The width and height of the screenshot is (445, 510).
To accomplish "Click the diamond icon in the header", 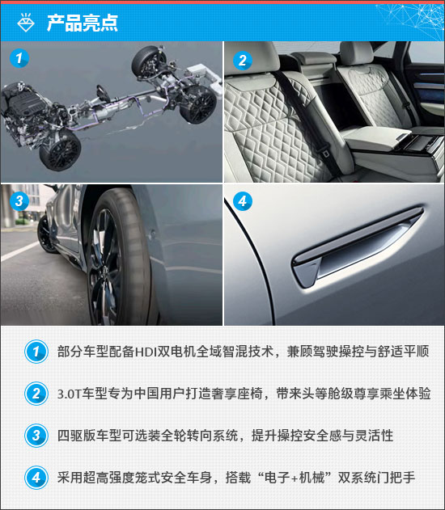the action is [26, 23].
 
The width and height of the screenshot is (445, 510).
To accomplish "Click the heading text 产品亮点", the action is [82, 23].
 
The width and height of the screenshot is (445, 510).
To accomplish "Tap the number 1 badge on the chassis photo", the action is [19, 58].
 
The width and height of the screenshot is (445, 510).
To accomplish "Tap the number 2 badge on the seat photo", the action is [243, 61].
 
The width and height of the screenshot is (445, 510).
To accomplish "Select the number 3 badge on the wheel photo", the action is [19, 200].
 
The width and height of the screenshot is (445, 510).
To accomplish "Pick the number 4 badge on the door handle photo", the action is [243, 201].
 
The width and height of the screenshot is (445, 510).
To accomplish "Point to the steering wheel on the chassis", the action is [103, 93].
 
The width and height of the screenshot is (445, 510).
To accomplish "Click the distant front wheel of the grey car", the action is [47, 234].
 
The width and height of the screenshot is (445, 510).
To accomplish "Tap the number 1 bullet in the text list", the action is [36, 352].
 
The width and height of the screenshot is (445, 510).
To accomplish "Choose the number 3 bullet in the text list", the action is [36, 436].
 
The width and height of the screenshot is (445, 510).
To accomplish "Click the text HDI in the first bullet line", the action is [146, 352].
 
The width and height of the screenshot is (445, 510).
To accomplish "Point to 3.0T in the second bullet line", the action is [69, 394].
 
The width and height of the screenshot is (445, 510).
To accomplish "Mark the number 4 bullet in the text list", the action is [36, 478].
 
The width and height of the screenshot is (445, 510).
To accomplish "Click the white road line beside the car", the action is [20, 251].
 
